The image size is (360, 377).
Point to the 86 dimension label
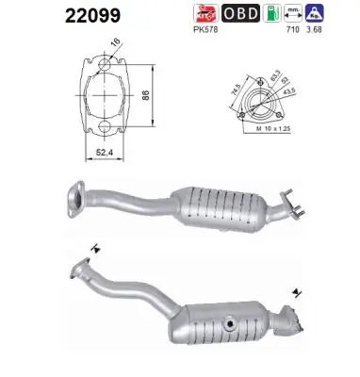pos(158,96)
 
